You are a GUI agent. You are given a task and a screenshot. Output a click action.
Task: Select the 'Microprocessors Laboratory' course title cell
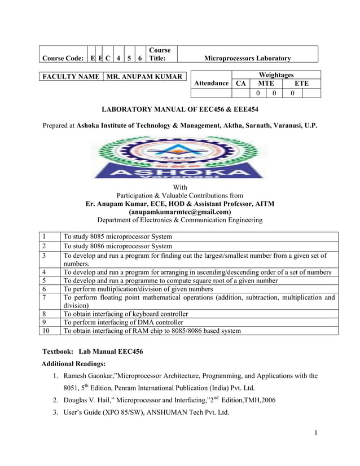247,58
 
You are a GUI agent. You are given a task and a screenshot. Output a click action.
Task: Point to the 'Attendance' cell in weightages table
211,83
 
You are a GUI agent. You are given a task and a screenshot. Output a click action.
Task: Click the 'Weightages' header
276,75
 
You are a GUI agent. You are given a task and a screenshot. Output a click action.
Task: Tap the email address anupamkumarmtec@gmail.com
180,212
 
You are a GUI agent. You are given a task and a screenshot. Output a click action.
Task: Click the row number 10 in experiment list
46,331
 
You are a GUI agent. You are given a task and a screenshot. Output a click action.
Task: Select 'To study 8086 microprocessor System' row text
118,246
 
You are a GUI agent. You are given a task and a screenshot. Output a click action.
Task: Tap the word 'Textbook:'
59,351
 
